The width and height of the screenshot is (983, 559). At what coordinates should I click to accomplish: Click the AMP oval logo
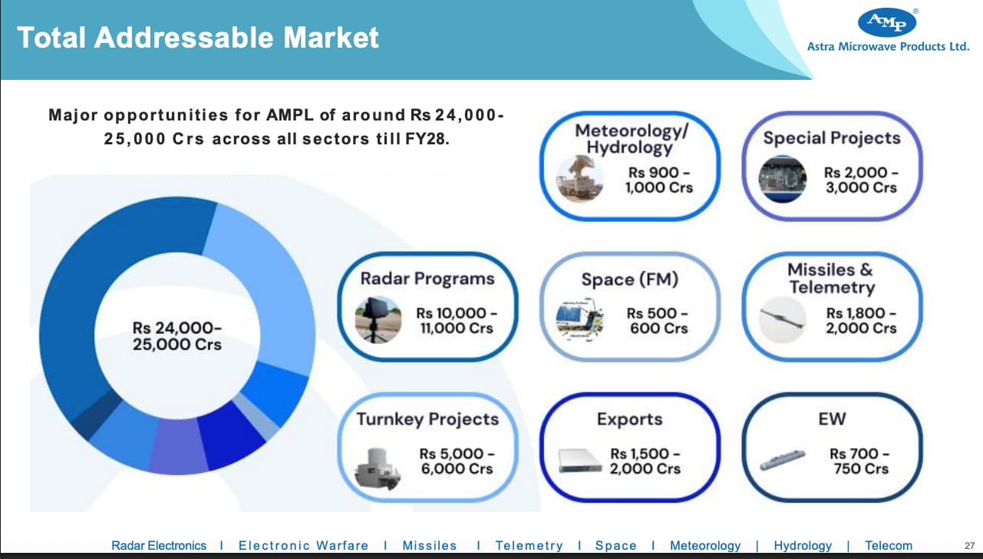pyautogui.click(x=887, y=22)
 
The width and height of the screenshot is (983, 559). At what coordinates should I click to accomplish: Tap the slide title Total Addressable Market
pyautogui.click(x=197, y=38)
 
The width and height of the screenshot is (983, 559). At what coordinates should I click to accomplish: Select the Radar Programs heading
pyautogui.click(x=427, y=279)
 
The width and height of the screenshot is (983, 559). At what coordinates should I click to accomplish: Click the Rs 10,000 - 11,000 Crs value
pyautogui.click(x=457, y=320)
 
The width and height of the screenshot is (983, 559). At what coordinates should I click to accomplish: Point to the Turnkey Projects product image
pyautogui.click(x=378, y=468)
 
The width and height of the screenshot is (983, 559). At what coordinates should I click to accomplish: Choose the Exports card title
pyautogui.click(x=630, y=419)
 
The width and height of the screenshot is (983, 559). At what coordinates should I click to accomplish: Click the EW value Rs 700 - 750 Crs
pyautogui.click(x=860, y=461)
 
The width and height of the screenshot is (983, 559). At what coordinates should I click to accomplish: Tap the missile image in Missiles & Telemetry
pyautogui.click(x=783, y=319)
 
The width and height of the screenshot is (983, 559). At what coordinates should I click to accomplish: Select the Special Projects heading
pyautogui.click(x=832, y=138)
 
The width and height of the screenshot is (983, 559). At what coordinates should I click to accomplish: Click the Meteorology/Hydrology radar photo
pyautogui.click(x=580, y=179)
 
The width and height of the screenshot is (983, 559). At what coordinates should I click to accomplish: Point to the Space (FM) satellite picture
pyautogui.click(x=580, y=319)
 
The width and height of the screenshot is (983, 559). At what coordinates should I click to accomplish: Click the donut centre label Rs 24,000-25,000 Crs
pyautogui.click(x=177, y=336)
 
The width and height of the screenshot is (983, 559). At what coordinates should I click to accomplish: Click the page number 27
pyautogui.click(x=969, y=546)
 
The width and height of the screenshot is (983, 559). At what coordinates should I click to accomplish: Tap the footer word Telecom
pyautogui.click(x=889, y=546)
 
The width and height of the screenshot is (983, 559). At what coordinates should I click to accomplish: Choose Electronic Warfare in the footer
pyautogui.click(x=303, y=546)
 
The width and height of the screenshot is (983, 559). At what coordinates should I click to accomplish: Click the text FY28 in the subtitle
pyautogui.click(x=427, y=139)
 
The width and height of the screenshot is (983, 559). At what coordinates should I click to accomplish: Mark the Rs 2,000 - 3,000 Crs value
pyautogui.click(x=861, y=180)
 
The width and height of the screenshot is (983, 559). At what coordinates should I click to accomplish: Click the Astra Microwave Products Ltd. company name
pyautogui.click(x=888, y=47)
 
